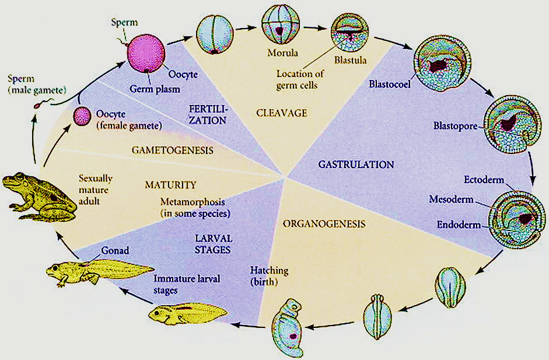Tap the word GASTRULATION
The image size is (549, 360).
356,165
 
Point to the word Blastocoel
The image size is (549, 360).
389,83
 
